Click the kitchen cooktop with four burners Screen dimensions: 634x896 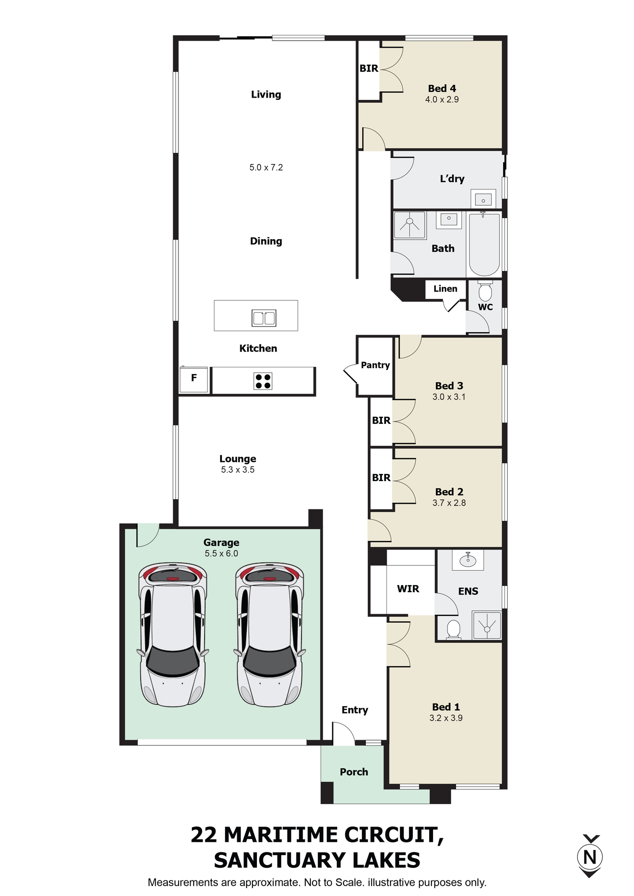click(263, 381)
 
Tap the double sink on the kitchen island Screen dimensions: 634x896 click(264, 318)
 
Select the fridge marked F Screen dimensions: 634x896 click(194, 379)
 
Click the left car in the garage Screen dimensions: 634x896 click(173, 634)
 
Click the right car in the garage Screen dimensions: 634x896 click(270, 634)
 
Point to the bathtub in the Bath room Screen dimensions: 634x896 click(484, 244)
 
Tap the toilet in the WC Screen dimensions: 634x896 click(485, 291)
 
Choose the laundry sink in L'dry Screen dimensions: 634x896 click(483, 199)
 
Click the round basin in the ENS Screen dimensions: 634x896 click(468, 560)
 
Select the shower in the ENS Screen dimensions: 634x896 click(486, 625)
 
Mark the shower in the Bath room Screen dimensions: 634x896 click(410, 225)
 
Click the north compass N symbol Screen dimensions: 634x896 click(590, 856)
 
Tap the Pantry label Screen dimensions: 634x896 click(375, 365)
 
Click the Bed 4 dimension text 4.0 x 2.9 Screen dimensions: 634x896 click(442, 99)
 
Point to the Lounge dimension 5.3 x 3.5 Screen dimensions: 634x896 click(238, 470)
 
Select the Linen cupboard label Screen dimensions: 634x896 click(445, 289)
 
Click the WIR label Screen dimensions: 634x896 click(408, 589)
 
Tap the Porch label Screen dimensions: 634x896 click(354, 772)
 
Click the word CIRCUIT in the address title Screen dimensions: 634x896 click(387, 836)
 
